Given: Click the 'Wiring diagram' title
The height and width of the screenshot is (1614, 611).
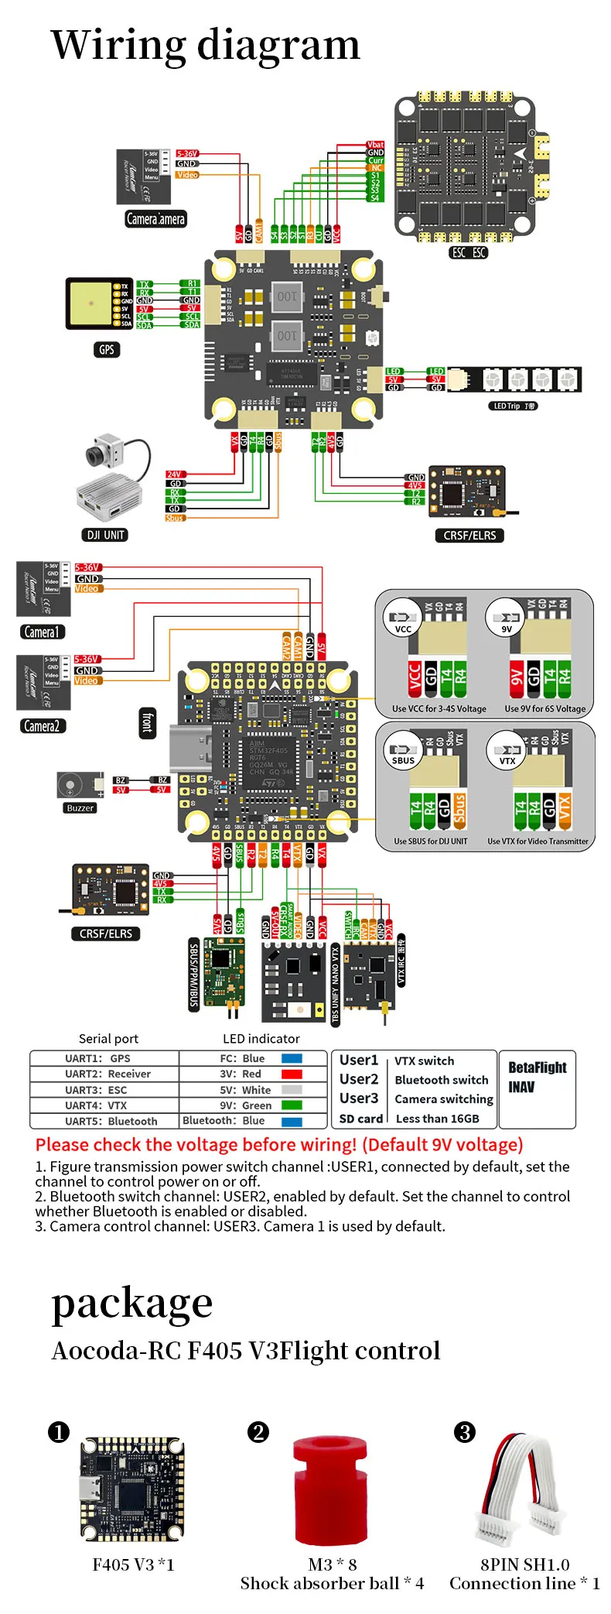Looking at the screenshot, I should point(205,45).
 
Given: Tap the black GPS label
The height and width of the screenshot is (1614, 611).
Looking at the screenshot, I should point(107,350).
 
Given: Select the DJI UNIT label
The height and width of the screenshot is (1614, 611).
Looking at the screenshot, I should point(105,535).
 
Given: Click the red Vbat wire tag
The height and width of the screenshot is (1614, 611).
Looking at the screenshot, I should point(375,145).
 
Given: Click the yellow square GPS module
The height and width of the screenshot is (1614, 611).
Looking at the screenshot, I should point(90,303).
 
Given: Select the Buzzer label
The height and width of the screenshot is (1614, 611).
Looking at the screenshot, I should point(80,808).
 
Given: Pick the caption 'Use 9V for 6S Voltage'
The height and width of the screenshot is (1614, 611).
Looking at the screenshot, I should point(545,708).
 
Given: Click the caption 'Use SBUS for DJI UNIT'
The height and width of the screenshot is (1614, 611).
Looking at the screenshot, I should point(430,841).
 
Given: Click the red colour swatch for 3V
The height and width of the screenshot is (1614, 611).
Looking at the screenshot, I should point(292,1074).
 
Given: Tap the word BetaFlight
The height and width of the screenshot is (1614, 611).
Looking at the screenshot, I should point(537,1067).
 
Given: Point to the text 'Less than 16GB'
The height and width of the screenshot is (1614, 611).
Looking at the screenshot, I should point(437,1119).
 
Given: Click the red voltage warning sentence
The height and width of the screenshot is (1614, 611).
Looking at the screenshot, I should point(279,1145).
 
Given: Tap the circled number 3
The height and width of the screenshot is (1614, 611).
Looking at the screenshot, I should point(465,1433).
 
